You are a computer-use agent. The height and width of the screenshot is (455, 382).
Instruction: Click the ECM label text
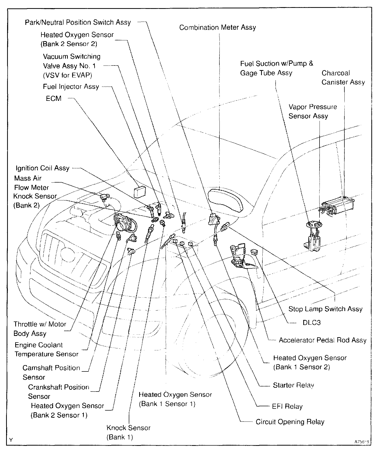pos(54,99)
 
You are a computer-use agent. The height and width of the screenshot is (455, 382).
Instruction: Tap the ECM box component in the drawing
pos(139,191)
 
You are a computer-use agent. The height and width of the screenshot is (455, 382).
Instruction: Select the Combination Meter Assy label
pos(217,27)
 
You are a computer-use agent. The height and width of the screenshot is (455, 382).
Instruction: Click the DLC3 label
pos(312,323)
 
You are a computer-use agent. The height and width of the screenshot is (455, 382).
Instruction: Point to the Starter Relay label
pos(293,385)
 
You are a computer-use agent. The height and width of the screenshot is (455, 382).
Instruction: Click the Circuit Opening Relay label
pos(290,422)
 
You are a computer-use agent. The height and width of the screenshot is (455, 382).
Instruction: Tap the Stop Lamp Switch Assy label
pos(325,309)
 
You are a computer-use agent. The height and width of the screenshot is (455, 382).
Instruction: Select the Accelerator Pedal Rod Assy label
pos(323,340)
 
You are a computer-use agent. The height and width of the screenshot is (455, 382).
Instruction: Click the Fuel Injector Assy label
pos(71,87)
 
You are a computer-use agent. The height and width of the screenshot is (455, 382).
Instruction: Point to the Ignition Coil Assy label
pos(42,168)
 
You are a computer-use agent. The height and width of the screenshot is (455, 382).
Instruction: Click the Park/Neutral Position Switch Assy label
pos(78,22)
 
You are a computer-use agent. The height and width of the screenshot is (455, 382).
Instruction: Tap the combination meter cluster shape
pos(226,200)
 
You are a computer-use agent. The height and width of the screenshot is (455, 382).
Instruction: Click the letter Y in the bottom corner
pos(11,440)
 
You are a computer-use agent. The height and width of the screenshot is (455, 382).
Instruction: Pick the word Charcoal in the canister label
pos(336,73)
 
